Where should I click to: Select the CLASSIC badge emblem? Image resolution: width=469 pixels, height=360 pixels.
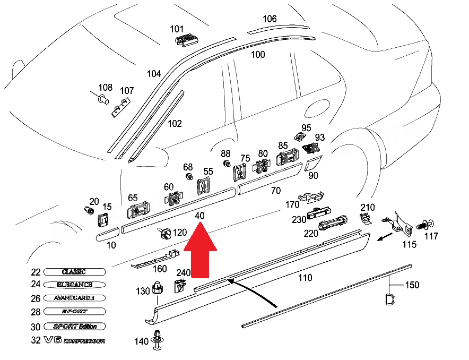click(74, 272)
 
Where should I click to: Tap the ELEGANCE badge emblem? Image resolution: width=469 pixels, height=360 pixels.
click(74, 285)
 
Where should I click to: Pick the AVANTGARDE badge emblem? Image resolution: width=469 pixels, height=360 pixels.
click(74, 298)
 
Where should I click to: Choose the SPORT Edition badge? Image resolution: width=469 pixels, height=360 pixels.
click(74, 326)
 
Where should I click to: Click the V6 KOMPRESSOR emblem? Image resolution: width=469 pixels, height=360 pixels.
click(74, 340)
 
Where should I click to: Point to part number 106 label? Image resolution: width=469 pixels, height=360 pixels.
click(270, 19)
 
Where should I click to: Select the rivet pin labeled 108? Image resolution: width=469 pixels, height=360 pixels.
click(101, 98)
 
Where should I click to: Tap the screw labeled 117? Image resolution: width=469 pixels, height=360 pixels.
click(425, 225)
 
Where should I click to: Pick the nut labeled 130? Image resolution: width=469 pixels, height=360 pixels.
click(157, 288)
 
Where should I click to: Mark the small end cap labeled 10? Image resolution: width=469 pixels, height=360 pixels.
click(107, 234)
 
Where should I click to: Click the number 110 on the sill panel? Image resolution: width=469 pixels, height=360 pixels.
click(305, 278)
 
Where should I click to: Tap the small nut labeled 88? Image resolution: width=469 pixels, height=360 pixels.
click(227, 164)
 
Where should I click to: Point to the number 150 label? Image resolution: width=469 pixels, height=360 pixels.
click(412, 285)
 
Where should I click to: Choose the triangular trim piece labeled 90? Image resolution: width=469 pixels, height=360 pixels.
click(312, 163)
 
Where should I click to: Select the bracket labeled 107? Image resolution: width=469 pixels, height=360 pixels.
click(121, 107)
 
